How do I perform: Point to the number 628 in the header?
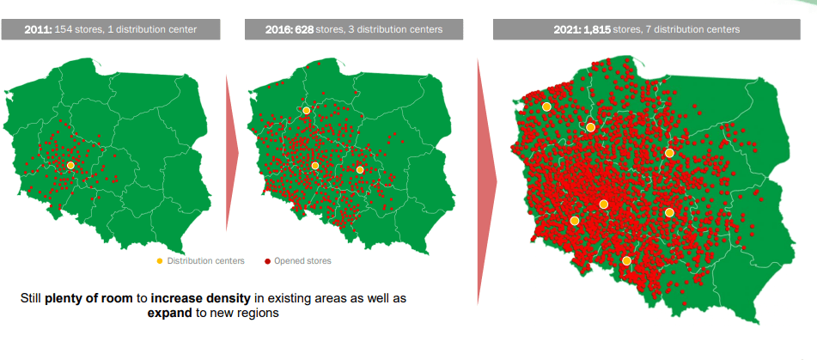(305, 29)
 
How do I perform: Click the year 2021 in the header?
(568, 29)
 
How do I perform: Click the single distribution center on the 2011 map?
(70, 165)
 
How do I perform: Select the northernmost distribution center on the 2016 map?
(307, 110)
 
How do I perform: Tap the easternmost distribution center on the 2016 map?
(360, 170)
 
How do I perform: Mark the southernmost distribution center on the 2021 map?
(627, 260)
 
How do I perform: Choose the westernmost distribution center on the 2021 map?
(546, 107)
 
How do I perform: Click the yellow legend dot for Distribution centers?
(159, 260)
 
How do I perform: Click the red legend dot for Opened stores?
(267, 260)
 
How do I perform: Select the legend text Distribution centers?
(205, 260)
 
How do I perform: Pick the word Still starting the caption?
(33, 298)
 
